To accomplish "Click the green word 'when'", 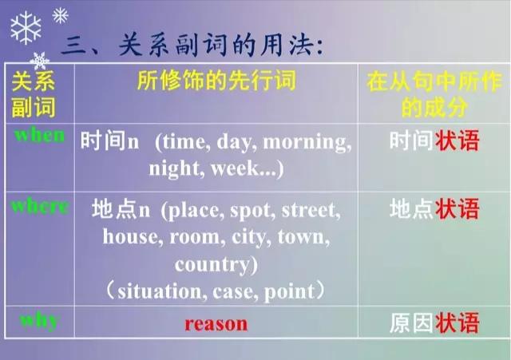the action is [39, 135].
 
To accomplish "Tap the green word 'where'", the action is [40, 206].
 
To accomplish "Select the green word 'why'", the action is [39, 322].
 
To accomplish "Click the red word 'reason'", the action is [216, 324].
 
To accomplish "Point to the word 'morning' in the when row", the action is [307, 143].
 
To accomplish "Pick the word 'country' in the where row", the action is [213, 264].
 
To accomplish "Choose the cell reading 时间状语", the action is [434, 140].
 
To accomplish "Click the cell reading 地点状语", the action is [434, 208].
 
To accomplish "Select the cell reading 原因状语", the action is [434, 322].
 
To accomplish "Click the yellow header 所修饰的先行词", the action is [216, 80].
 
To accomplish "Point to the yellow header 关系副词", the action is [34, 94].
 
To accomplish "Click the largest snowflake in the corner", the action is [26, 28].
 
